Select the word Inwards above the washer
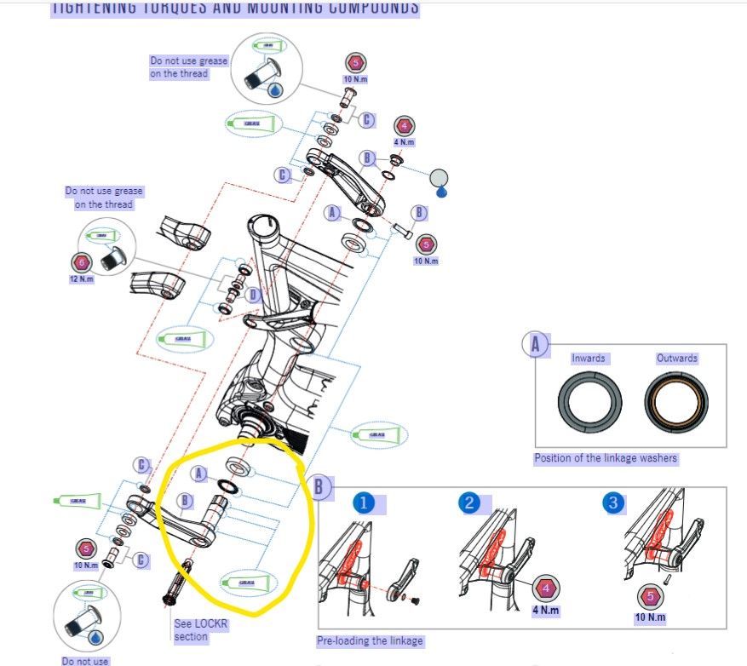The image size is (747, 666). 589,359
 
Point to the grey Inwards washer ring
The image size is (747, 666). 589,403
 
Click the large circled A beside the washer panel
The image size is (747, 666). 535,345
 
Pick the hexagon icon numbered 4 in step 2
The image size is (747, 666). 546,588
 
